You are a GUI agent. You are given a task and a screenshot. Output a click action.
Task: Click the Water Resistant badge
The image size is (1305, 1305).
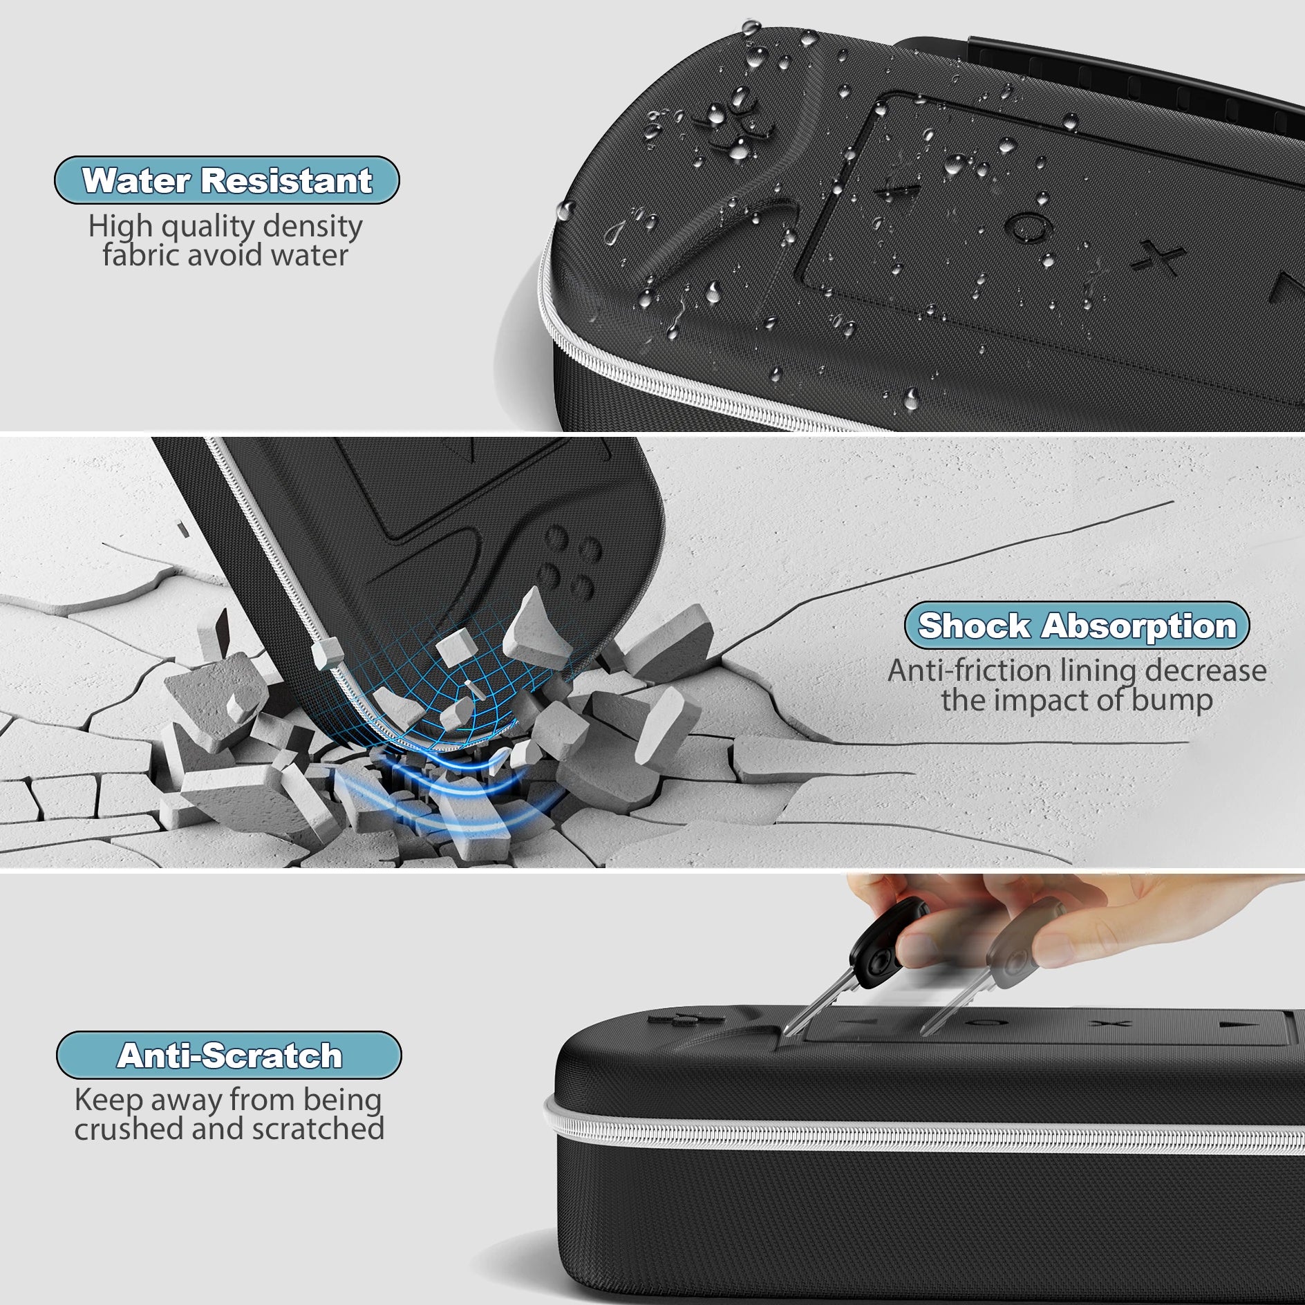[x=227, y=180]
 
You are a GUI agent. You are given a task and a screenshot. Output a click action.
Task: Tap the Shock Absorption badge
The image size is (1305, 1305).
[x=1076, y=626]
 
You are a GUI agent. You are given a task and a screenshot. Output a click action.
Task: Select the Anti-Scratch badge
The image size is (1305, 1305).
[x=229, y=1055]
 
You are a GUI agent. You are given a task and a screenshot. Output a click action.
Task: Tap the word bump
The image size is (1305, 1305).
[x=1172, y=700]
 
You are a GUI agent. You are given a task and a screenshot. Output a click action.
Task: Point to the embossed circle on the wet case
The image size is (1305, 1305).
[x=1029, y=226]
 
